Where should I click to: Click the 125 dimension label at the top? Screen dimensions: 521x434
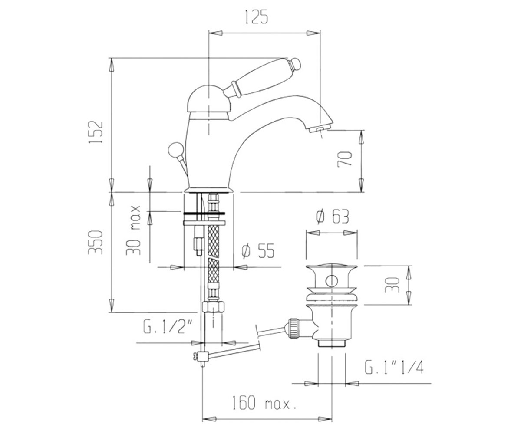[256, 17]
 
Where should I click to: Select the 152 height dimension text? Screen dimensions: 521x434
[96, 132]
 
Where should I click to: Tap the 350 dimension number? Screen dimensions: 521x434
[96, 242]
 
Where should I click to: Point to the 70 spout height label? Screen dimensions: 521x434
[345, 159]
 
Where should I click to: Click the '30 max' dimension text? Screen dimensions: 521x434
[133, 230]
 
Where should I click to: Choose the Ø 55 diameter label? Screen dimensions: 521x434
[258, 251]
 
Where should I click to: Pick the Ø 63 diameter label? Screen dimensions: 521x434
[333, 216]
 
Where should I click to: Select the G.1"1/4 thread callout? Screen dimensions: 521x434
[394, 367]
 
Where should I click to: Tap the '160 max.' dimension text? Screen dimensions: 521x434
[264, 403]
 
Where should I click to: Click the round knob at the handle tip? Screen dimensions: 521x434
[295, 63]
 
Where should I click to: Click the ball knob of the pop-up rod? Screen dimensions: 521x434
[176, 150]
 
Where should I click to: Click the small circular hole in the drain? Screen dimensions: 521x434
[332, 281]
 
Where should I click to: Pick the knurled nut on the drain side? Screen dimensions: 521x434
[293, 328]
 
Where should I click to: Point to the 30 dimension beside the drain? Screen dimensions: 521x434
[392, 285]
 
